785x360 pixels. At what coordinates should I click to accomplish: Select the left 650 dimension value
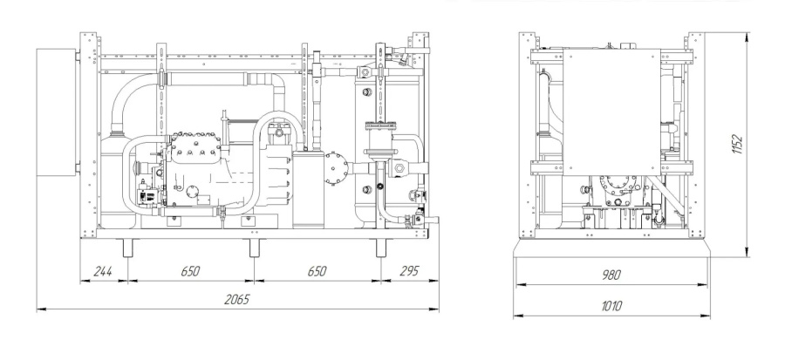pyautogui.click(x=189, y=271)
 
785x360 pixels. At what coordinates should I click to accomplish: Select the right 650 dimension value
pyautogui.click(x=316, y=271)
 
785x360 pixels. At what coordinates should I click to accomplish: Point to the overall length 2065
pyautogui.click(x=235, y=299)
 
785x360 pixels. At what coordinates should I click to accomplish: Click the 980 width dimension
pyautogui.click(x=613, y=275)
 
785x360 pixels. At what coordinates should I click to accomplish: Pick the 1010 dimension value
pyautogui.click(x=613, y=305)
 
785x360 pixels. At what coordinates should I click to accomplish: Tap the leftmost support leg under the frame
pyautogui.click(x=127, y=248)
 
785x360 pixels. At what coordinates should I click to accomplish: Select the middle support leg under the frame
pyautogui.click(x=254, y=248)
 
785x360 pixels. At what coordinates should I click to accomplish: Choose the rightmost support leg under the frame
pyautogui.click(x=381, y=248)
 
